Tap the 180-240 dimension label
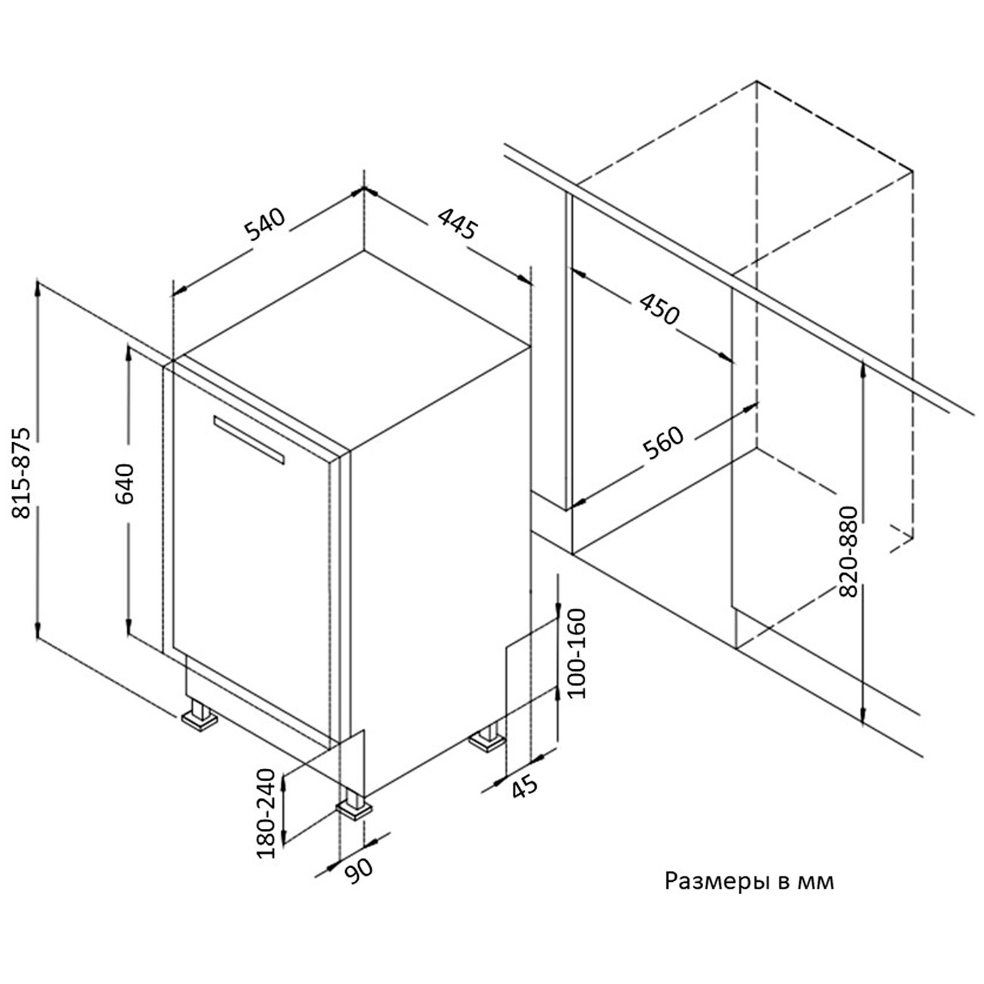tap(266, 814)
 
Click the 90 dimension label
tap(360, 870)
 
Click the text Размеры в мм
tap(749, 882)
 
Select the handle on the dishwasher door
tap(249, 439)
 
